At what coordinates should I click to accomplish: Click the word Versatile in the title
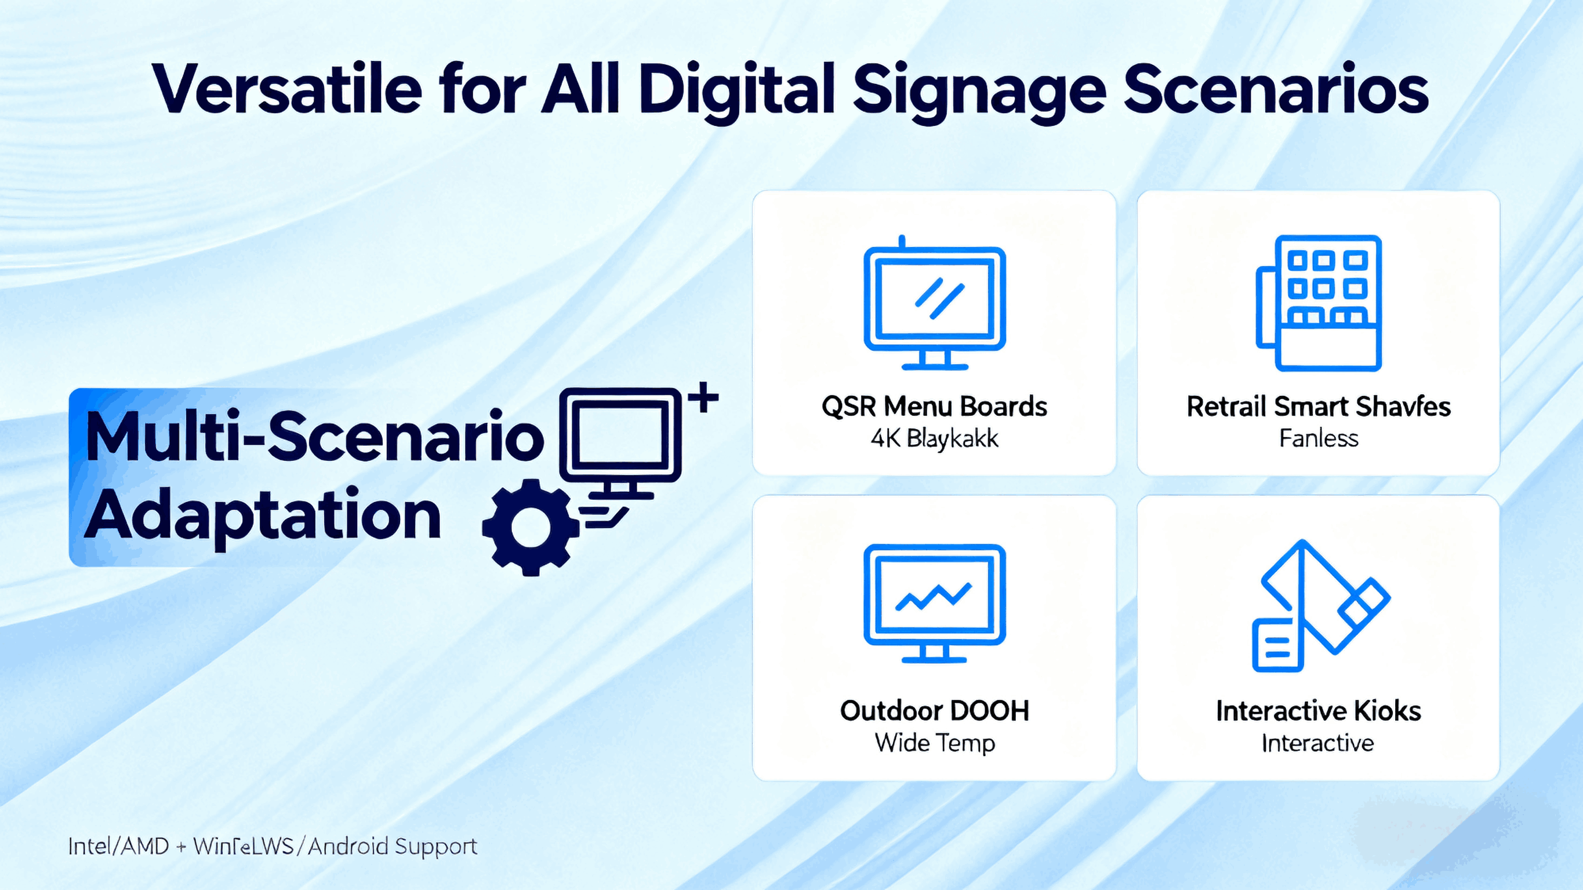pos(287,90)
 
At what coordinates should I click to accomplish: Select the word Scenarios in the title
pos(1276,90)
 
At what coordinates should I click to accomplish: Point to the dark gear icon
pos(530,528)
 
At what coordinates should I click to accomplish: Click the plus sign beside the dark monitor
pos(703,398)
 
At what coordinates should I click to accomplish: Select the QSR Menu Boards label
pos(934,406)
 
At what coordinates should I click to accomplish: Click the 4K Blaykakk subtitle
pos(934,439)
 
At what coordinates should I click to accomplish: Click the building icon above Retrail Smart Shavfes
pos(1319,303)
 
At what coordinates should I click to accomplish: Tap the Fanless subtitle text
pos(1319,439)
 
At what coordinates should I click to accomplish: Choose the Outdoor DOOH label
pos(934,710)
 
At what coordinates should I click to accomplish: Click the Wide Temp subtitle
pos(934,743)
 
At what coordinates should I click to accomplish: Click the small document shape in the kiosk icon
pos(1277,645)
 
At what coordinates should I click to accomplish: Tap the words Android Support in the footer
pos(392,847)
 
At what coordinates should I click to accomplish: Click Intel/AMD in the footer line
pos(118,847)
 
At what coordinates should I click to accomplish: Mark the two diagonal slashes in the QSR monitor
pos(939,299)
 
